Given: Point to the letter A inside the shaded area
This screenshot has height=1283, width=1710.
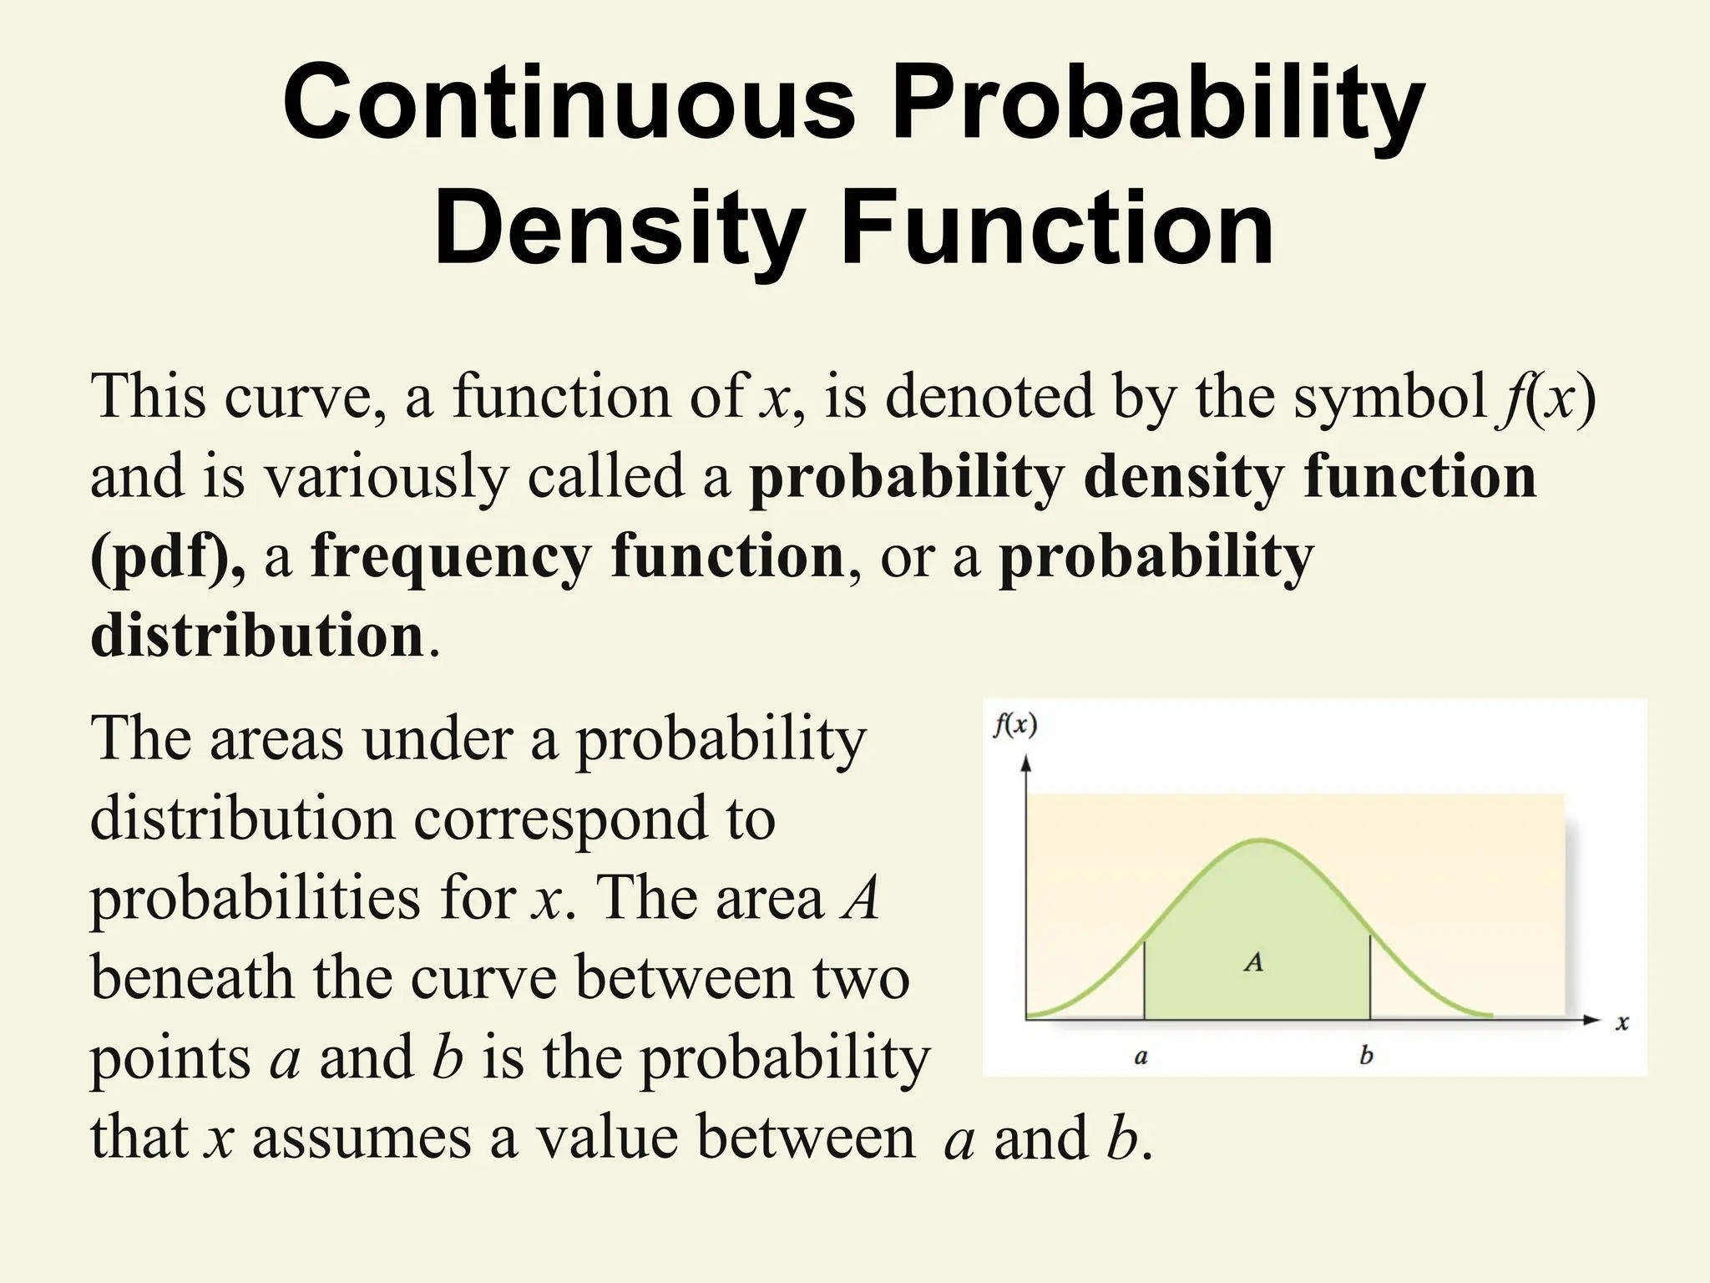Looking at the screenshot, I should point(1253,962).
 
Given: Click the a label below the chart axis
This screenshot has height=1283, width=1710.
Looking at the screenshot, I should point(1141,1057).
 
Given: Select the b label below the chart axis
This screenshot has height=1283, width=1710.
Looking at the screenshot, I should point(1366,1055).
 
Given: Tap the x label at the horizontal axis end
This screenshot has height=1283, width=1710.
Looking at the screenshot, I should point(1621,1022).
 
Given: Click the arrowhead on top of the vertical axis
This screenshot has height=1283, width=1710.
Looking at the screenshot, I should point(1026,762).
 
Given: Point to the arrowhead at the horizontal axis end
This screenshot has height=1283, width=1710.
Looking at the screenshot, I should point(1592,1019).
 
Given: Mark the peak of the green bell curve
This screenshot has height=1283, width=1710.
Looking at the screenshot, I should point(1260,839).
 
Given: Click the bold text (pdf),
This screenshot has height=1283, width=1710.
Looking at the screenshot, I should point(167,558).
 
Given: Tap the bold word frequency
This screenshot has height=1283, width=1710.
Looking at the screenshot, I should point(451,558).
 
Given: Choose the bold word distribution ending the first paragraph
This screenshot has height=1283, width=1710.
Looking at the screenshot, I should point(257,636).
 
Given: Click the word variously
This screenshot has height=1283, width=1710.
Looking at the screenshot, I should point(386,478).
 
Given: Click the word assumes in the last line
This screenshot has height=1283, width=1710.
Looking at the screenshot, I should point(361,1138).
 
